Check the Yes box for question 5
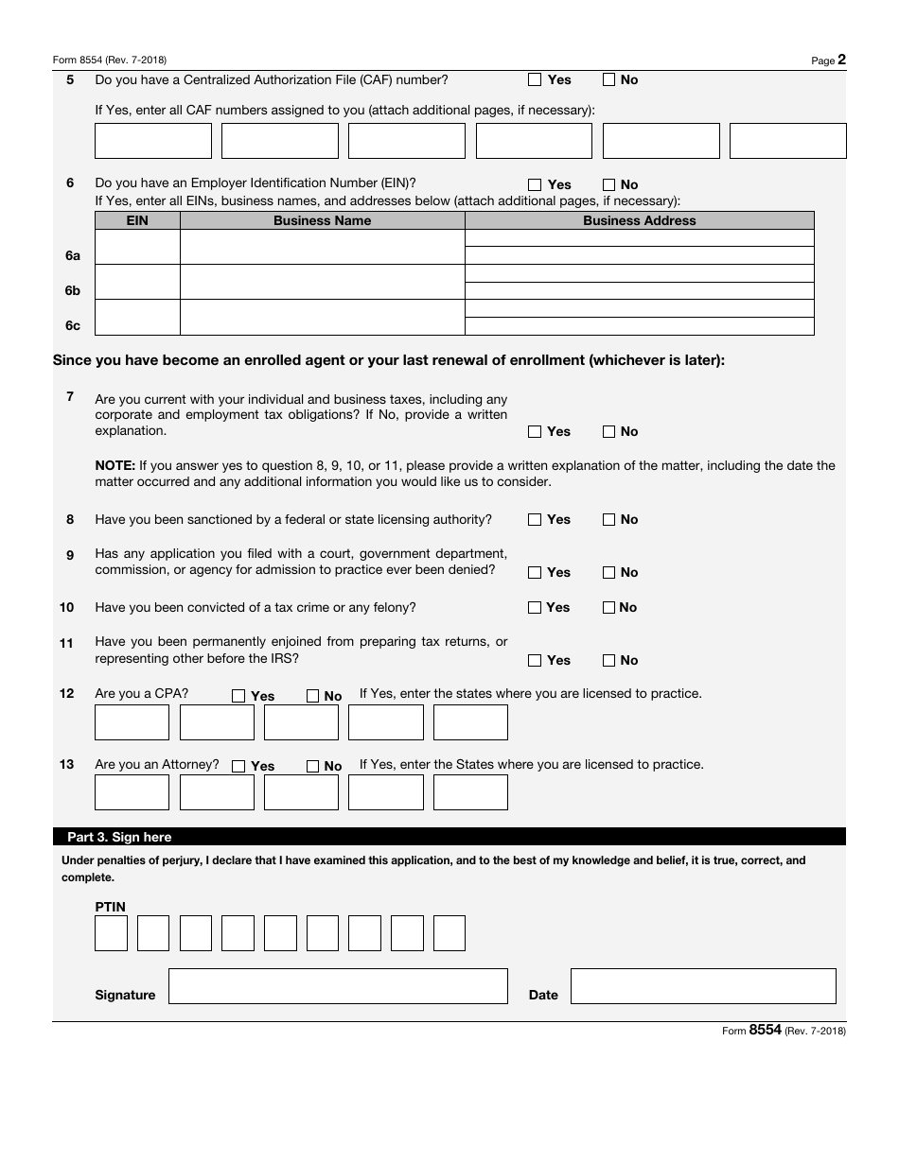pyautogui.click(x=535, y=80)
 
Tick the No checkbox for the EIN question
pyautogui.click(x=609, y=185)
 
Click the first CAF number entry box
pyautogui.click(x=153, y=141)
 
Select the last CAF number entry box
pyautogui.click(x=787, y=141)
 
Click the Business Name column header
pyautogui.click(x=322, y=220)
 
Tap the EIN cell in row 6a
pyautogui.click(x=137, y=247)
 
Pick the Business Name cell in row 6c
pyautogui.click(x=322, y=318)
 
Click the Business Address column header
pyautogui.click(x=639, y=220)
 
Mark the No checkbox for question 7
pyautogui.click(x=609, y=432)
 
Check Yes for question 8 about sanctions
pyautogui.click(x=535, y=520)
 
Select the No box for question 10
pyautogui.click(x=609, y=608)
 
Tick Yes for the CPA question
pyautogui.click(x=238, y=696)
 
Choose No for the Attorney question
pyautogui.click(x=313, y=767)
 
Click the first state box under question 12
pyautogui.click(x=132, y=722)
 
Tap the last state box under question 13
pyautogui.click(x=470, y=792)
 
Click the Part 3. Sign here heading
pyautogui.click(x=119, y=837)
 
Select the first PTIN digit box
pyautogui.click(x=111, y=933)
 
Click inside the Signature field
pyautogui.click(x=338, y=986)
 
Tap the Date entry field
pyautogui.click(x=703, y=986)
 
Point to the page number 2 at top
pyautogui.click(x=841, y=60)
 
